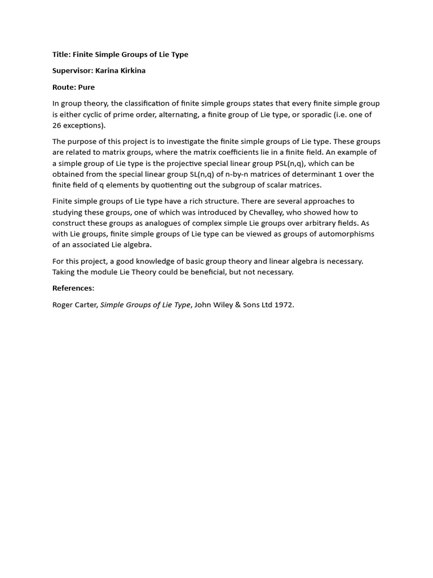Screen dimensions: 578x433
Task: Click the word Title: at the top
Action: (61, 55)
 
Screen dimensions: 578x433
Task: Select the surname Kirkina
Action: (130, 71)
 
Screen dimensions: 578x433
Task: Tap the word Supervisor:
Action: (73, 71)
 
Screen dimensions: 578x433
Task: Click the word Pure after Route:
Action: (87, 87)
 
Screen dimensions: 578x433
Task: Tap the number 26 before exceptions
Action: (58, 125)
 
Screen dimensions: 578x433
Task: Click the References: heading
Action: (73, 288)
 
